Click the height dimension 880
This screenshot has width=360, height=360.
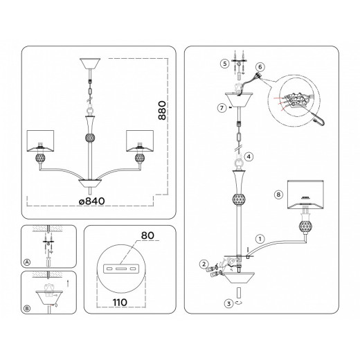(162, 110)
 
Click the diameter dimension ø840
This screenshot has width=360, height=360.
(91, 201)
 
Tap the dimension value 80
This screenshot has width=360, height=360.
(147, 235)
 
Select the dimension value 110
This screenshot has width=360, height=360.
(120, 303)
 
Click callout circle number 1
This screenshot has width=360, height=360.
(260, 239)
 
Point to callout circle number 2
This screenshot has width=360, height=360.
(204, 264)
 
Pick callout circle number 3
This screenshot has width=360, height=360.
(228, 303)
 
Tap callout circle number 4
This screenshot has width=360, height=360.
(249, 156)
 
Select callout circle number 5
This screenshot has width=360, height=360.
(225, 64)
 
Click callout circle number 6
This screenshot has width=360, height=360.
(260, 67)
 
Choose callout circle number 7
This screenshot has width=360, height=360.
(222, 108)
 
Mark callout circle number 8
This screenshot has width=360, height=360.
(278, 195)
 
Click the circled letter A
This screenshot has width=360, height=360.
(27, 262)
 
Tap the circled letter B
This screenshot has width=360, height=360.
(27, 309)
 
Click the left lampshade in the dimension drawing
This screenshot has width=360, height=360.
(40, 141)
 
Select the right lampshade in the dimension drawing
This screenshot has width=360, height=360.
(140, 141)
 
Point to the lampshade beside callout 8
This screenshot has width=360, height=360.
(305, 195)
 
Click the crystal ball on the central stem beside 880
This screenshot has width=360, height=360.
(90, 138)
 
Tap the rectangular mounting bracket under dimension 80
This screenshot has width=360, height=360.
(121, 269)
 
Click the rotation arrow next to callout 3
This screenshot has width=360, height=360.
(240, 303)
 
